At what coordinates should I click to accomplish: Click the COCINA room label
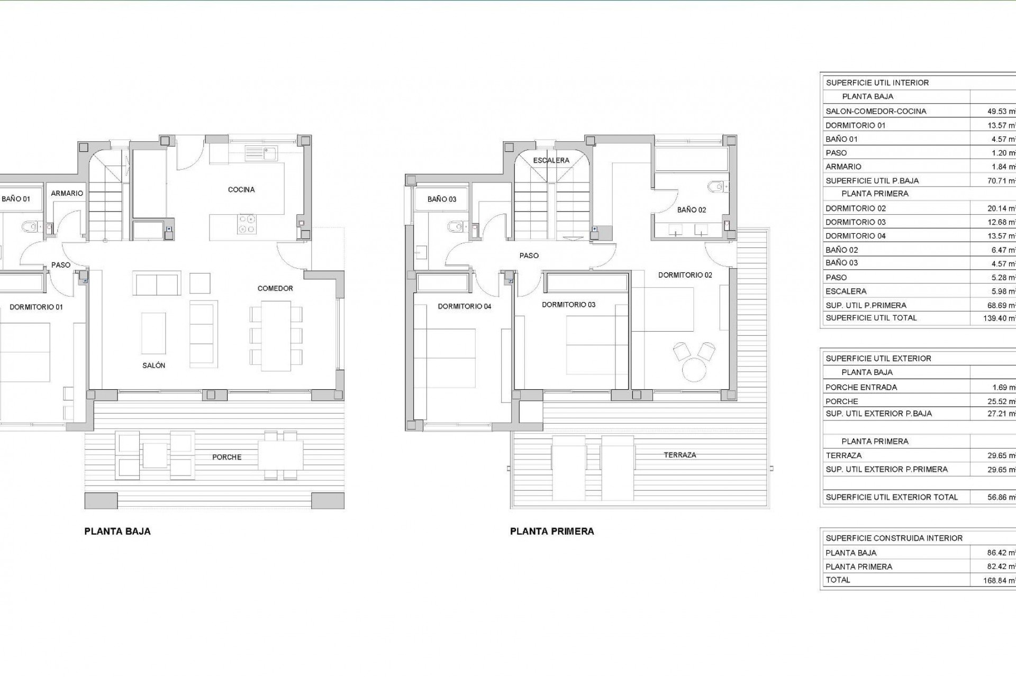click(241, 189)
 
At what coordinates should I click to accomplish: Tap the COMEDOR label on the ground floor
click(275, 288)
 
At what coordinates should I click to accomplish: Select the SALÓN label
click(153, 365)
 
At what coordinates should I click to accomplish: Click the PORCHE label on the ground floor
click(226, 457)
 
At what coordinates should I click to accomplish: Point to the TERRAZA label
click(680, 455)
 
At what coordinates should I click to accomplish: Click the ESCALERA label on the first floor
click(551, 160)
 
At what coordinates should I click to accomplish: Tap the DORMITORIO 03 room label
click(568, 305)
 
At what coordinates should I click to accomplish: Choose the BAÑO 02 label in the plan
click(691, 210)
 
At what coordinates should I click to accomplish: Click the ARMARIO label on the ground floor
click(67, 194)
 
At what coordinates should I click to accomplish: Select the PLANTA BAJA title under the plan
click(117, 532)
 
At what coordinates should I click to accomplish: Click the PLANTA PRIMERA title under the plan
click(552, 532)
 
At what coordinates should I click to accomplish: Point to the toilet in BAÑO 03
click(455, 227)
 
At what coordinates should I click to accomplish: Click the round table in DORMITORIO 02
click(694, 369)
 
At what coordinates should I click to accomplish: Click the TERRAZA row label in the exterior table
click(843, 455)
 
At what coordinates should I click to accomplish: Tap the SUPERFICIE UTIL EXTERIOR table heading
click(878, 359)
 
